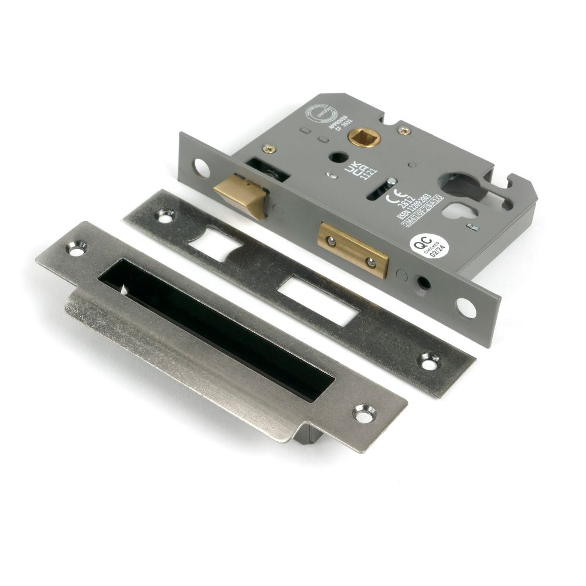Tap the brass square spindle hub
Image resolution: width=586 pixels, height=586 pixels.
356,138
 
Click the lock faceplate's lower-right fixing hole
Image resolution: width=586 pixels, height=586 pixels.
466,307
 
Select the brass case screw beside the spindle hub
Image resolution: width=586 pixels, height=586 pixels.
403,130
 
